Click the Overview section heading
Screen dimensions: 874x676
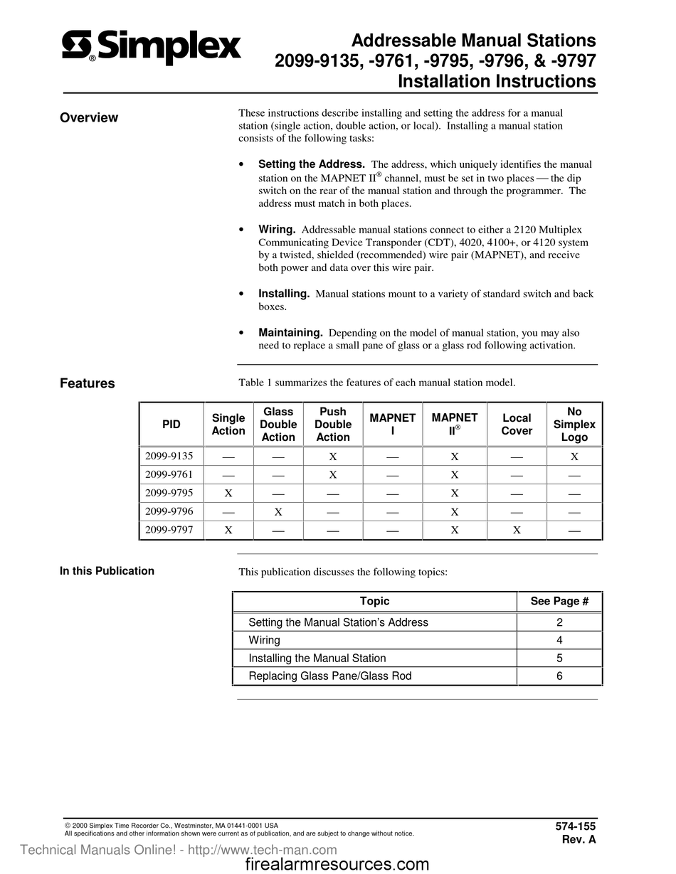tap(89, 118)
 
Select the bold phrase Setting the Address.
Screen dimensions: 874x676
tap(312, 164)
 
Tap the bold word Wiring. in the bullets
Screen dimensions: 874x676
tap(277, 230)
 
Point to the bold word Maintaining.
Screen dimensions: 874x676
tap(290, 333)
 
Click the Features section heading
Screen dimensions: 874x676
tap(88, 384)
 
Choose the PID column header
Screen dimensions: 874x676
tap(171, 425)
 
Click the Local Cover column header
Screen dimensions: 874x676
tap(517, 425)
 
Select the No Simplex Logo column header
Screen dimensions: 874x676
tap(574, 425)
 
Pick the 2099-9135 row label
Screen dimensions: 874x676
tap(169, 456)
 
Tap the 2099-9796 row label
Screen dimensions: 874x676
tap(169, 511)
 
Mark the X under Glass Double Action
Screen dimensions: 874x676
tap(278, 511)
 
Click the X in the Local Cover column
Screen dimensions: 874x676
tap(517, 530)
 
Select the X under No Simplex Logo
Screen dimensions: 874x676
tap(574, 457)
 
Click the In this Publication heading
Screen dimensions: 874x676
tap(107, 571)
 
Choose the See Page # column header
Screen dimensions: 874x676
tap(559, 602)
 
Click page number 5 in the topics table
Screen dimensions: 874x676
tap(559, 659)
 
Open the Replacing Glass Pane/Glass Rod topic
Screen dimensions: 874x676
tap(329, 676)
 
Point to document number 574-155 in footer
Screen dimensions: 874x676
tap(575, 826)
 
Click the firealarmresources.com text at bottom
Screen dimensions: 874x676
tap(337, 864)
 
